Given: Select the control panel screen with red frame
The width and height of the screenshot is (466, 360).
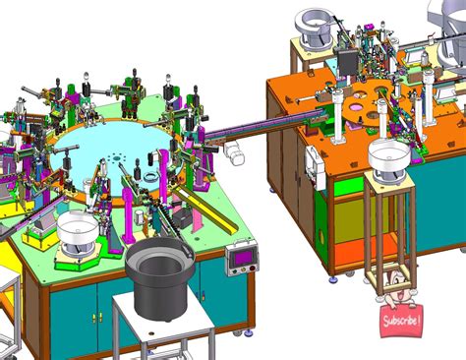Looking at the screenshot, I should click(240, 259).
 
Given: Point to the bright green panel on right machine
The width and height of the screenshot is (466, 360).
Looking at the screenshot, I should click(349, 186).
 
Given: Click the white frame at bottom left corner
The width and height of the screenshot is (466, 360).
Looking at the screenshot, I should click(8, 315).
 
